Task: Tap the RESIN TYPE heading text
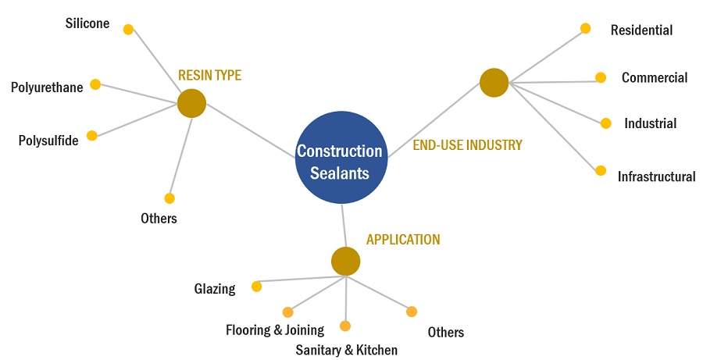209,76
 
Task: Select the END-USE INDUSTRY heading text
467,144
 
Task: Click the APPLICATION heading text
403,240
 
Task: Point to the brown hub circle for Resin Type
191,103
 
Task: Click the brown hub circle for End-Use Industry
494,83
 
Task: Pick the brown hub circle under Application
345,262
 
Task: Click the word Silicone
87,24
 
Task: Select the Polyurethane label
47,87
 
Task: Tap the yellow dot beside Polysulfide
92,135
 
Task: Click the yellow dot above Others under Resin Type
170,198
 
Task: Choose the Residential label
641,30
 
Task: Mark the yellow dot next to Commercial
601,77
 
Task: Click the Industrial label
650,123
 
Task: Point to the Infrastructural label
656,176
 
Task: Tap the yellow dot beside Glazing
256,287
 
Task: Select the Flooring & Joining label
275,330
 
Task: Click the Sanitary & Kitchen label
346,350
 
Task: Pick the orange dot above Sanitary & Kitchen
345,326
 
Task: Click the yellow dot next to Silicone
129,30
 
